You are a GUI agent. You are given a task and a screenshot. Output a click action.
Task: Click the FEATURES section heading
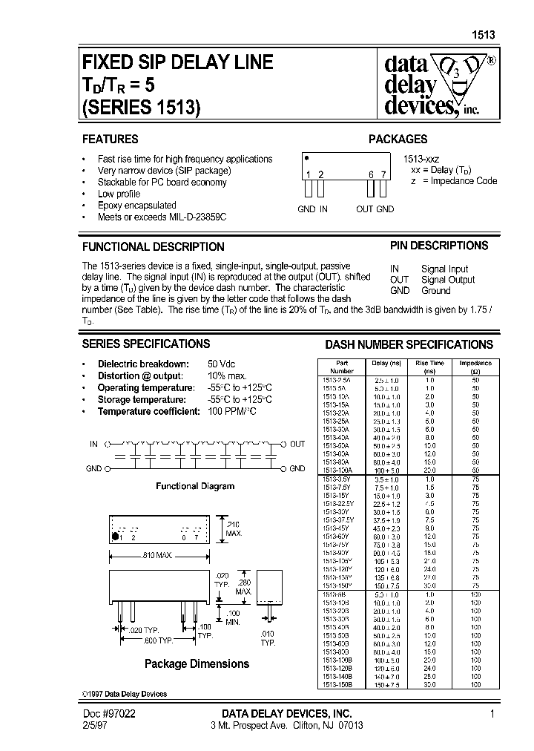point(110,139)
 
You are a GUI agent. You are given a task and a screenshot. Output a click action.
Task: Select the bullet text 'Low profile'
point(119,194)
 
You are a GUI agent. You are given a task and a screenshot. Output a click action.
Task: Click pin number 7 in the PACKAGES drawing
point(383,175)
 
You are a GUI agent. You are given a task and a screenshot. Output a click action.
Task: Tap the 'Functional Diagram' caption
point(194,486)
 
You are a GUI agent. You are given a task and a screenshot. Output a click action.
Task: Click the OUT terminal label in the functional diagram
point(297,444)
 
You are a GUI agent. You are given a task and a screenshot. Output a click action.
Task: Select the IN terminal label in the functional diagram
point(93,444)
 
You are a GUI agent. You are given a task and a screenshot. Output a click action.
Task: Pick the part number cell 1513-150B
point(341,685)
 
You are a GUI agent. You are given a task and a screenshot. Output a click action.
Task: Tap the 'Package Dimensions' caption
point(197,663)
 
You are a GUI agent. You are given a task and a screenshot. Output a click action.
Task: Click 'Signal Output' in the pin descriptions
point(448,280)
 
